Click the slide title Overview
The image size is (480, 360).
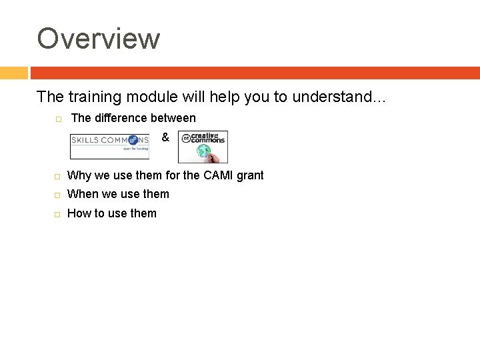pyautogui.click(x=99, y=39)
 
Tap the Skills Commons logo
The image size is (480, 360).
pyautogui.click(x=110, y=145)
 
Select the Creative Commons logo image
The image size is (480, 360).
pyautogui.click(x=203, y=147)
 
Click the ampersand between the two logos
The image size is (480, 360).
pyautogui.click(x=165, y=138)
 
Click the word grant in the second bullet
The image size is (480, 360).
pyautogui.click(x=248, y=176)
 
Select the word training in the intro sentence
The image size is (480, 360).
pyautogui.click(x=93, y=97)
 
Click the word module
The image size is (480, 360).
pyautogui.click(x=151, y=97)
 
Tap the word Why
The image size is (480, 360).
pyautogui.click(x=79, y=175)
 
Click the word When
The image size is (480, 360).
pyautogui.click(x=83, y=194)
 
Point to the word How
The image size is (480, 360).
pyautogui.click(x=79, y=213)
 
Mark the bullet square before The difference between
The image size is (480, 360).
pyautogui.click(x=58, y=119)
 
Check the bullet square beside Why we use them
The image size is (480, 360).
pyautogui.click(x=58, y=176)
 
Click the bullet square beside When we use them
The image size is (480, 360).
pyautogui.click(x=58, y=195)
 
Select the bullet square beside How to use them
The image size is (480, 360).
pyautogui.click(x=58, y=214)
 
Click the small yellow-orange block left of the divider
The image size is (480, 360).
pyautogui.click(x=13, y=73)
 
